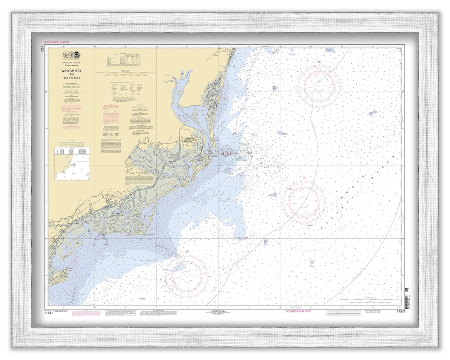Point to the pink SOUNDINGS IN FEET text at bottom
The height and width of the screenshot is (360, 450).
pyautogui.click(x=298, y=311)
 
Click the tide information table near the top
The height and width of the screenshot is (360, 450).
pyautogui.click(x=122, y=59)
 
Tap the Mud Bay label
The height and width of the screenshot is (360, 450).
pyautogui.click(x=201, y=111)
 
